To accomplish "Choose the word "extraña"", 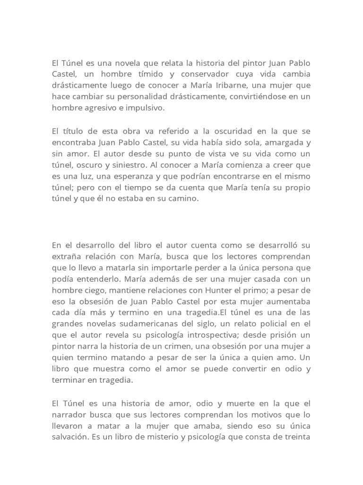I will point(67,256).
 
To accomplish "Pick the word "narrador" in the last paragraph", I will point(69,414).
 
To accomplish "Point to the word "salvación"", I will point(70,437).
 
